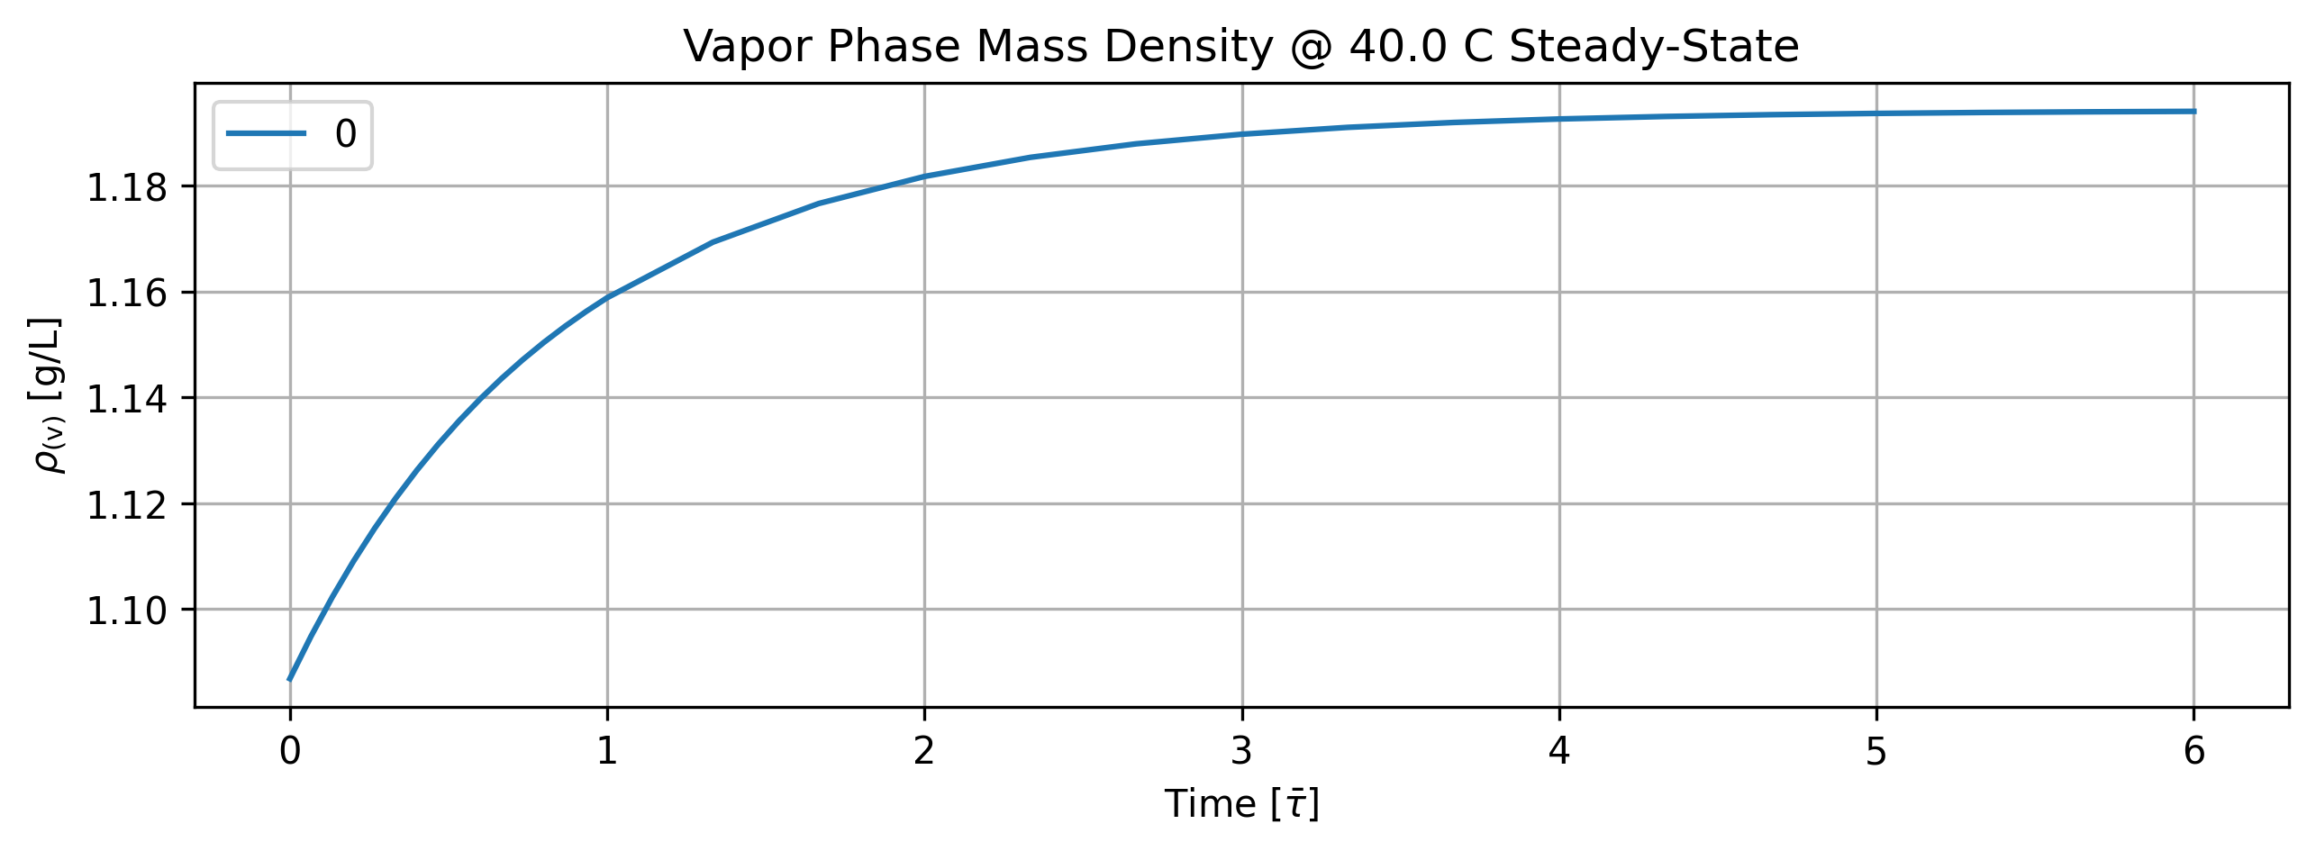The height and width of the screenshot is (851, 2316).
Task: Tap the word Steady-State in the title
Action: pos(1654,48)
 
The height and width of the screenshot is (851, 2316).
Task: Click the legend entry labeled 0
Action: pos(346,134)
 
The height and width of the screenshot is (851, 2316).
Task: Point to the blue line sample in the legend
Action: pos(266,134)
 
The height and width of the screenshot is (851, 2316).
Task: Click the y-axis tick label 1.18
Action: pos(127,187)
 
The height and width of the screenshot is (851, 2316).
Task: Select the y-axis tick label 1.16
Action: pos(127,293)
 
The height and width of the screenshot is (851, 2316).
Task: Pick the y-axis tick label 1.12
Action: pos(127,504)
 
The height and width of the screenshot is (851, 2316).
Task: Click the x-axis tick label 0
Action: pos(290,751)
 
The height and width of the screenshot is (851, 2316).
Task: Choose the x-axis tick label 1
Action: pos(607,751)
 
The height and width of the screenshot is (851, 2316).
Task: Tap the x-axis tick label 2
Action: pos(924,751)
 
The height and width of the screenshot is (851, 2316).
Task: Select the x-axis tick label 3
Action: pos(1242,751)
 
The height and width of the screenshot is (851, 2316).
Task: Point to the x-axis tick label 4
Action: pos(1559,751)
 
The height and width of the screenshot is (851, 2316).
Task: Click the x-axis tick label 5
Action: pos(1876,751)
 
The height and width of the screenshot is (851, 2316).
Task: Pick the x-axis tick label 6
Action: pos(2194,751)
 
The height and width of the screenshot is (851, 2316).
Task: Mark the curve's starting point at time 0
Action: pos(289,679)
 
